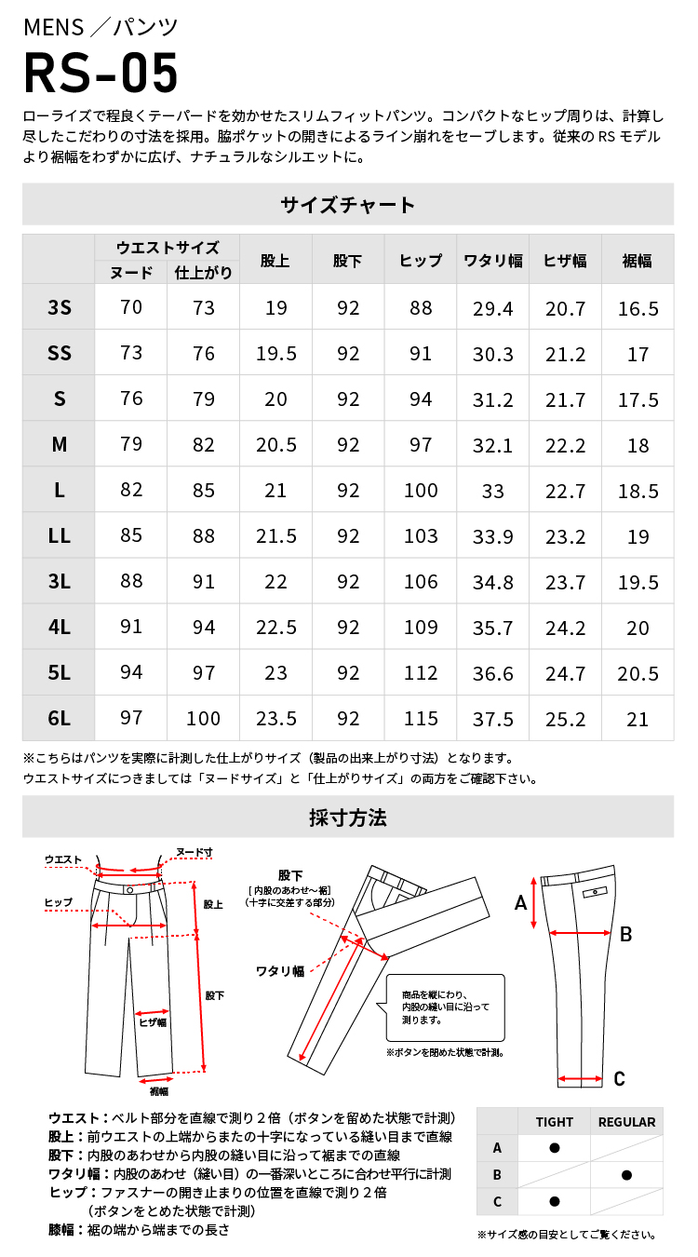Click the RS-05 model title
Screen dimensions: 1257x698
click(x=101, y=75)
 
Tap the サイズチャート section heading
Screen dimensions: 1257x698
click(x=347, y=204)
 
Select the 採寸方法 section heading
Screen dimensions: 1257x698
click(x=347, y=818)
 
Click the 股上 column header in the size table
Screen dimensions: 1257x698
click(x=275, y=262)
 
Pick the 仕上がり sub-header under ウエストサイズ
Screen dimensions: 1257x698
click(x=204, y=273)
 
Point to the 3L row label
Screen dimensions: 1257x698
click(x=59, y=581)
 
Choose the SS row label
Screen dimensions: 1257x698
click(x=59, y=353)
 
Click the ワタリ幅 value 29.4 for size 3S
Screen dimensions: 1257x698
click(x=493, y=307)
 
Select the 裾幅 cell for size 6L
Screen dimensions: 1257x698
click(x=638, y=718)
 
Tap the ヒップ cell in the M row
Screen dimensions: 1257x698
click(x=421, y=444)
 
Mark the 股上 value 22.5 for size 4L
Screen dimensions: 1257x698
click(x=275, y=627)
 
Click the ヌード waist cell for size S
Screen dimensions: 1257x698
click(x=131, y=399)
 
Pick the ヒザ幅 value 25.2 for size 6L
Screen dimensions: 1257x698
click(x=565, y=718)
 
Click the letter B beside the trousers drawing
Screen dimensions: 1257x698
click(x=626, y=934)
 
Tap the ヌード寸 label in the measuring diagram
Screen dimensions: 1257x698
click(x=195, y=852)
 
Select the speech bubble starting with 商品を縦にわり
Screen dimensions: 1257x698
click(x=445, y=1007)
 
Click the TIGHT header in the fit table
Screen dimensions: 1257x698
click(x=555, y=1122)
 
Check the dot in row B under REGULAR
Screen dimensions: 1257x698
click(x=626, y=1175)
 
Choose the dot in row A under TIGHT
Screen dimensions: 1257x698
click(x=555, y=1148)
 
